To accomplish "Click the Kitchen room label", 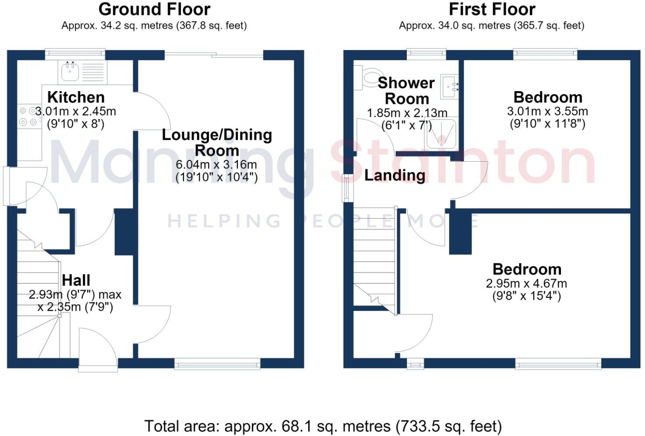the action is click(x=76, y=97).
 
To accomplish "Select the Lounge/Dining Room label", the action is click(x=217, y=143).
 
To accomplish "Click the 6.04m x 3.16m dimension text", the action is click(x=216, y=165).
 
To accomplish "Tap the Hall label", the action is click(x=76, y=280).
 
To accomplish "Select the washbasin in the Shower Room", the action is click(x=449, y=87).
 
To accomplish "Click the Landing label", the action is click(x=395, y=175).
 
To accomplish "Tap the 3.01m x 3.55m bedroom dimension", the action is click(x=547, y=111).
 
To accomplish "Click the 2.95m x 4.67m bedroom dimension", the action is click(x=527, y=284).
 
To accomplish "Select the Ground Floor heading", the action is click(x=154, y=9).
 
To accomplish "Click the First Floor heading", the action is click(x=492, y=9).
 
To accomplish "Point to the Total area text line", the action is click(x=323, y=426).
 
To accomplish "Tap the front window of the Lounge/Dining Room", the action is click(x=217, y=364).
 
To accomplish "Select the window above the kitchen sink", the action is click(x=75, y=54).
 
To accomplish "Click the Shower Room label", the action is click(x=406, y=91).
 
